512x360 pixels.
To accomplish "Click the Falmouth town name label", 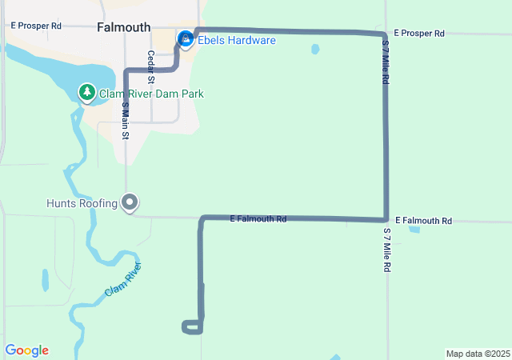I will pos(123,27).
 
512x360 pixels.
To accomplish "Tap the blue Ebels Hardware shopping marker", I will pos(186,38).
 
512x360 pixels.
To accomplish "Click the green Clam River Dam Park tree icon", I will pos(86,93).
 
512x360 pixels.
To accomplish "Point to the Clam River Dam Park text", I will pos(151,94).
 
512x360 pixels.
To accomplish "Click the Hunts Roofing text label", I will pos(82,203).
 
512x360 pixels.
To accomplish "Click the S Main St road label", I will pos(126,120).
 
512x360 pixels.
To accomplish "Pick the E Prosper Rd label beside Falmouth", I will pos(36,26).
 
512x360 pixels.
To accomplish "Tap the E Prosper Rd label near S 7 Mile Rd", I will pos(419,34).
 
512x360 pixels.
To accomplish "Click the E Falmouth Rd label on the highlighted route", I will pos(258,218).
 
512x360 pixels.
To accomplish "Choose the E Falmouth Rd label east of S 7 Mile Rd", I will pos(423,220).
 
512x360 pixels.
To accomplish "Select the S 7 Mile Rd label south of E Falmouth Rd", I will pos(386,250).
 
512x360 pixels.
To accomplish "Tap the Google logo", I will pos(26,350).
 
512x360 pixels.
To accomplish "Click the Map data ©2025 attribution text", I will pos(478,354).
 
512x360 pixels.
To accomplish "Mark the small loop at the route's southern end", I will pos(192,326).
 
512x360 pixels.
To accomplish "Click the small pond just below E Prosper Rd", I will pos(314,49).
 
